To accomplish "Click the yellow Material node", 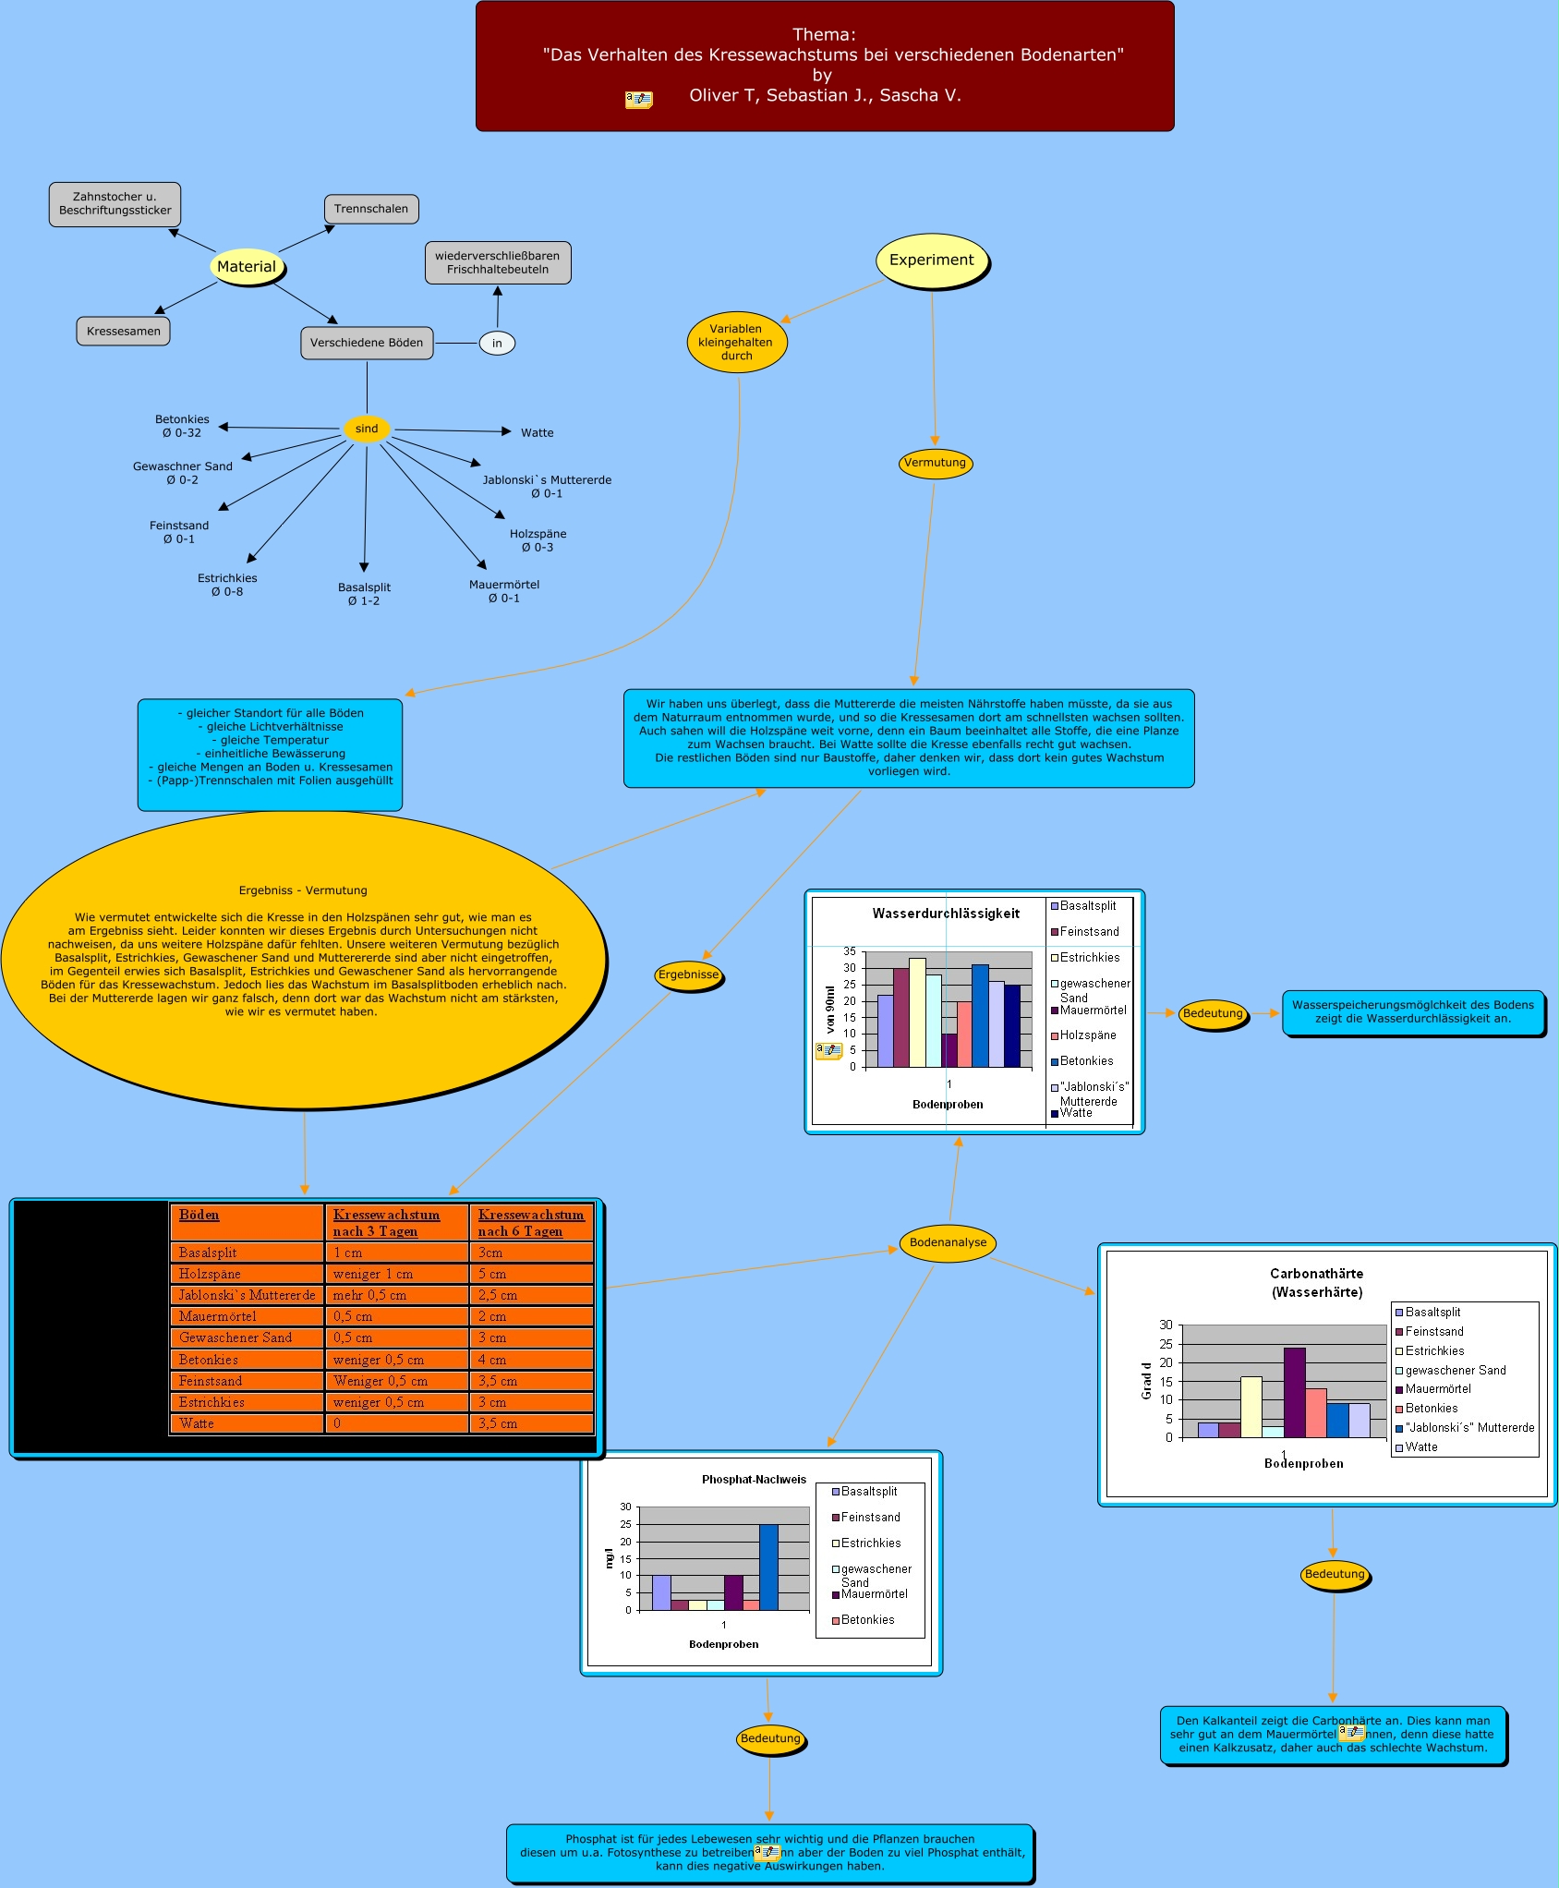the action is coord(247,267).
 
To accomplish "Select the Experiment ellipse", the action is coord(931,260).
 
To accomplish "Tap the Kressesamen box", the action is coord(123,332).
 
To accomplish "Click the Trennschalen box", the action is coord(371,209).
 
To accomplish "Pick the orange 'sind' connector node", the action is coord(367,429).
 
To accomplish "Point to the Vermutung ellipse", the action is coord(935,463).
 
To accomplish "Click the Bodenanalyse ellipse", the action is coord(948,1242).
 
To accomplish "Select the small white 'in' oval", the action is coord(497,344).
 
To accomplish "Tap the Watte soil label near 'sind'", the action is coord(537,433).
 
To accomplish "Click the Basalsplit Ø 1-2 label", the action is coord(364,594).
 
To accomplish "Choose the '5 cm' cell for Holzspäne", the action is coord(530,1274).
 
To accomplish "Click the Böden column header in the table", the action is coord(199,1215).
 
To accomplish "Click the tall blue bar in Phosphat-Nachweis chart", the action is coord(768,1567).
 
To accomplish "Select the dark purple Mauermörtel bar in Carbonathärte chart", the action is coord(1294,1392).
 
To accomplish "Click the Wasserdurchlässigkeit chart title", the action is coord(946,914).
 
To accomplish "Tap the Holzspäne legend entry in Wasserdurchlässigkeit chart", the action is coord(1087,1035).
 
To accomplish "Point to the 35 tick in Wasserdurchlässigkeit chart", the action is coord(849,951).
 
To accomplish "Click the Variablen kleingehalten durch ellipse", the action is coord(736,342).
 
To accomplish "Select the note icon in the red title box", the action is coord(638,99).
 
